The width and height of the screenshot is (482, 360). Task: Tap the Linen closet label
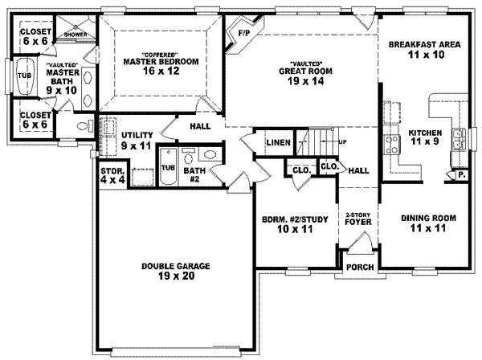278,142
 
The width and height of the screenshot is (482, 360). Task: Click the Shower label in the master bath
76,35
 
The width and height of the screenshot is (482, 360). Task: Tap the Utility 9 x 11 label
136,141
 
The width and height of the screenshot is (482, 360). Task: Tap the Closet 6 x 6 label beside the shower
35,36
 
